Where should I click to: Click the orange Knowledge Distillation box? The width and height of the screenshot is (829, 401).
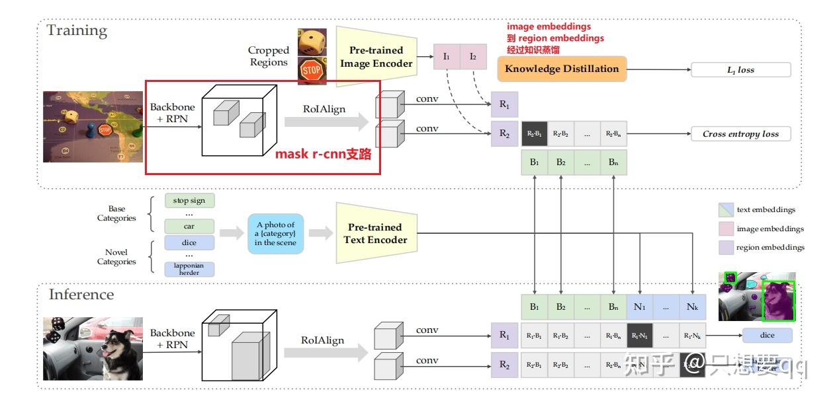(562, 69)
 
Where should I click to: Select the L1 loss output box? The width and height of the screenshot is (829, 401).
(740, 70)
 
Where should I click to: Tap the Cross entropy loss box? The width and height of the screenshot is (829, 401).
(740, 134)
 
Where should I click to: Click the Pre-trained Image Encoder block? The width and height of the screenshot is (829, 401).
(376, 57)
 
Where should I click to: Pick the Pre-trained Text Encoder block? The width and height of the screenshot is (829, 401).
(376, 233)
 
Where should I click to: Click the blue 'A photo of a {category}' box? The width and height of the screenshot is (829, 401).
(275, 234)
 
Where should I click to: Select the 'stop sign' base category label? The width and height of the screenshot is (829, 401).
(189, 200)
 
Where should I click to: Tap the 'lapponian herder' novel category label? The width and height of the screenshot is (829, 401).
(189, 269)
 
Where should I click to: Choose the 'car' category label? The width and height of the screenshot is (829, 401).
(189, 226)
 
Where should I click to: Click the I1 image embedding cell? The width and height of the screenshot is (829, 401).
(447, 57)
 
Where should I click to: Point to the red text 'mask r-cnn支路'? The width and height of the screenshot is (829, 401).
(323, 155)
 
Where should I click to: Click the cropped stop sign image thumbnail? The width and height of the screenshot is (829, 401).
(311, 71)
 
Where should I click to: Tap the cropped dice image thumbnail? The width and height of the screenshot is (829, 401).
(311, 42)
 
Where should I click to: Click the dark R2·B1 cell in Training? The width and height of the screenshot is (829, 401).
(534, 133)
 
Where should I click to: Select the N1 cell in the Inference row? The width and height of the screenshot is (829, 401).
(639, 307)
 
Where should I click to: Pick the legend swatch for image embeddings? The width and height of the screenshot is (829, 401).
(726, 229)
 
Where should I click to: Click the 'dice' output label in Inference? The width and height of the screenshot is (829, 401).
(767, 335)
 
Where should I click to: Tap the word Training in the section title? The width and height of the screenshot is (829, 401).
(77, 30)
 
